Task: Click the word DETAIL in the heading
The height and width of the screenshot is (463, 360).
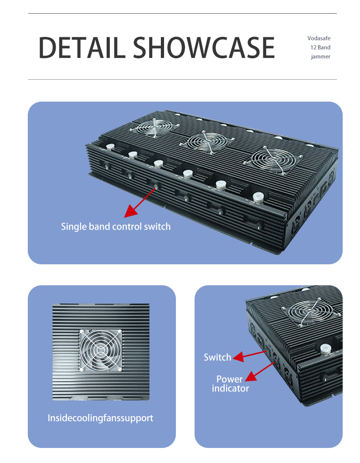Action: (x=82, y=47)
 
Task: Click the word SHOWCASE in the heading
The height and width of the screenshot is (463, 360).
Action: (x=204, y=47)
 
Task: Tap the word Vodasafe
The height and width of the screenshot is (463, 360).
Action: (x=319, y=38)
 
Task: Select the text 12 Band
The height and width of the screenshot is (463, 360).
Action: (x=320, y=47)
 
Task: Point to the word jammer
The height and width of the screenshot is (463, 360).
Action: (x=320, y=57)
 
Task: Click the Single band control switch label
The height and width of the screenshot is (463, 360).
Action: (x=116, y=226)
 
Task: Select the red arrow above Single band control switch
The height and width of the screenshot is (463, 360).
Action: (x=140, y=202)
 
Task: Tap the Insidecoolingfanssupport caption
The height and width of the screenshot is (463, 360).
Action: (x=100, y=418)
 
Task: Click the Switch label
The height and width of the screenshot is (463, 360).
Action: (x=217, y=357)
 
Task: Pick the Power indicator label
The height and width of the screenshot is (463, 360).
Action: (x=230, y=384)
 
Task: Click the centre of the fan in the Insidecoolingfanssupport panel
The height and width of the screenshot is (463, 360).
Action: (x=101, y=350)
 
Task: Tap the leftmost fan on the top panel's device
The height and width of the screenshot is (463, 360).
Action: (x=154, y=128)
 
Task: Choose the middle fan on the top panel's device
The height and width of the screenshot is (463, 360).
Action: (x=208, y=142)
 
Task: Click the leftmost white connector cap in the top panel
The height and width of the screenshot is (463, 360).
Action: (x=110, y=147)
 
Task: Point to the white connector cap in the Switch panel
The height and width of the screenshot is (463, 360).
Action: (x=325, y=349)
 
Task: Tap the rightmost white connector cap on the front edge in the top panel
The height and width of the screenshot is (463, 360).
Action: (x=258, y=197)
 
